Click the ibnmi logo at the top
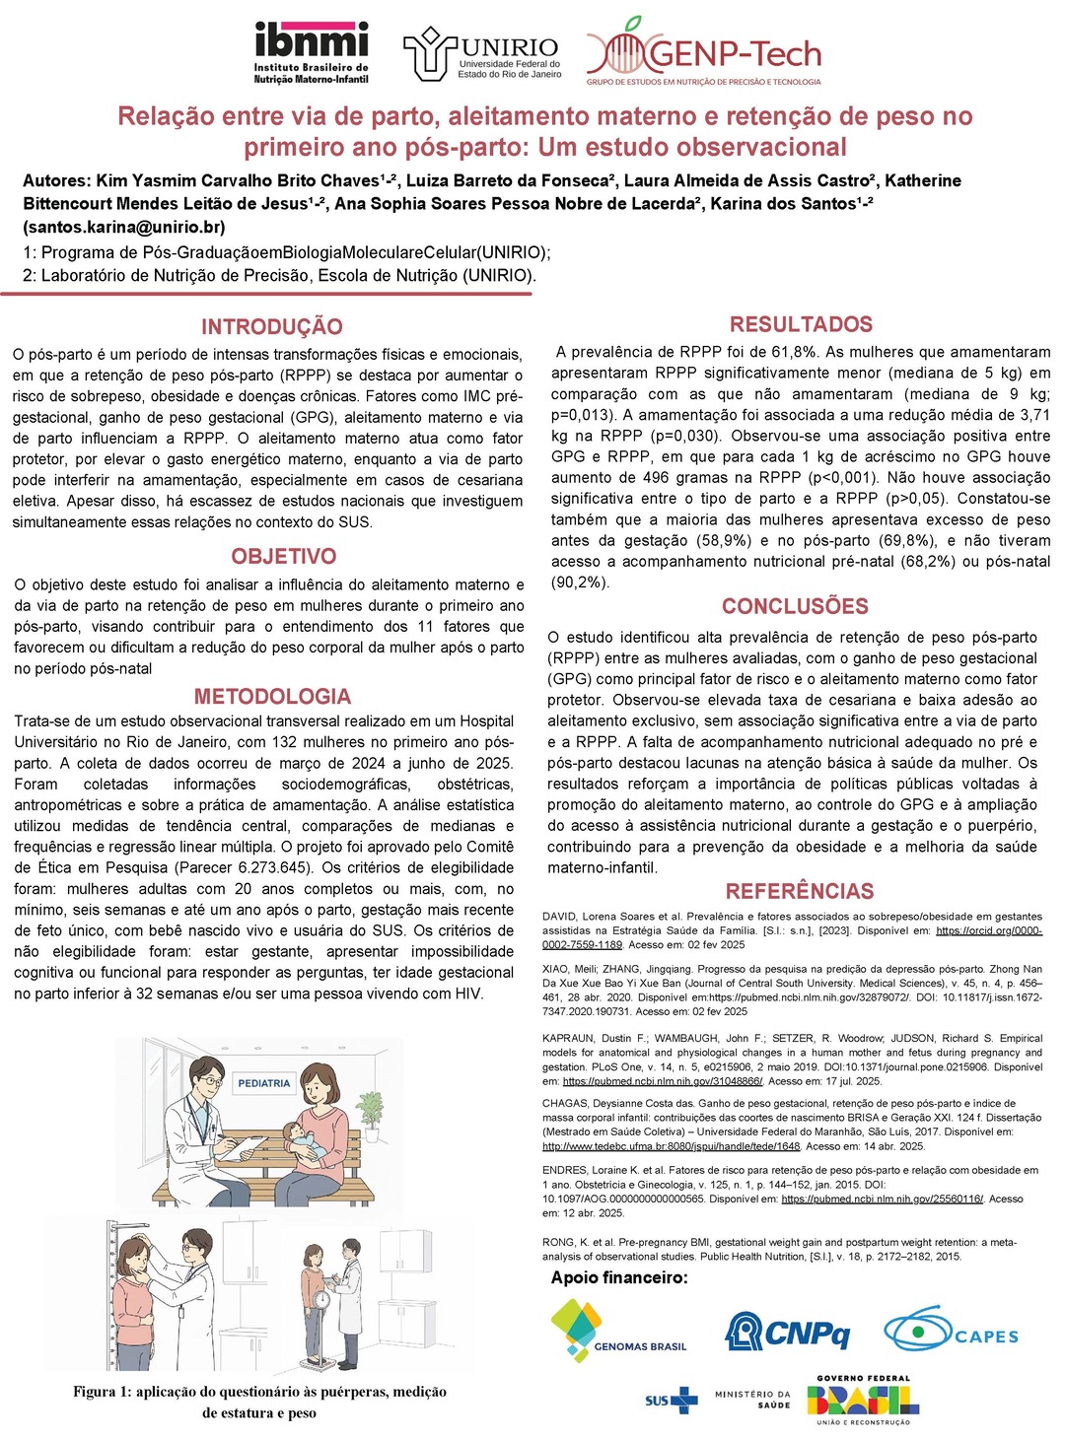pos(311,52)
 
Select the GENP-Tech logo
pos(704,52)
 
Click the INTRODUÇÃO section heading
pos(272,327)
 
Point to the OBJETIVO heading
pos(284,557)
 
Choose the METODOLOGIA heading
pos(272,697)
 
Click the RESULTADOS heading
pos(801,325)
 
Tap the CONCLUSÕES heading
pos(795,607)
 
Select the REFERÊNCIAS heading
pos(800,892)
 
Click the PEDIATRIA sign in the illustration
pos(264,1083)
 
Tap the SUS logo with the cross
pos(671,1401)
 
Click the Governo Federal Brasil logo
pos(863,1401)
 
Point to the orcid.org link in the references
pos(988,930)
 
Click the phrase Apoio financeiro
pos(619,1278)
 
